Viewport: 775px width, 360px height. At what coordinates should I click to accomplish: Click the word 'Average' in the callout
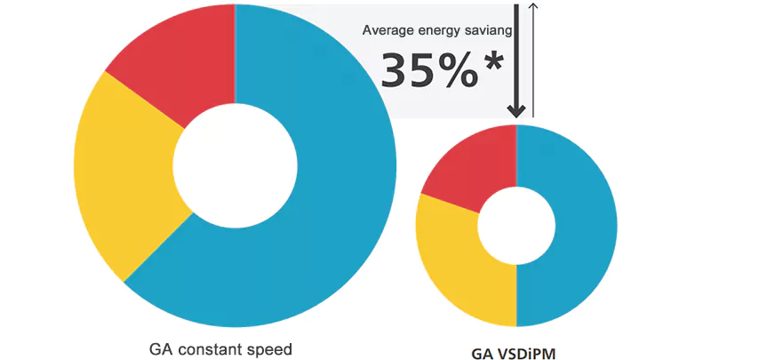coord(387,30)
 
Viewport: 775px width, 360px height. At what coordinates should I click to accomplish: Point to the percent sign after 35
coord(459,71)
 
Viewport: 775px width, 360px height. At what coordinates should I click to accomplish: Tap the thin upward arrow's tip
coord(533,5)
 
